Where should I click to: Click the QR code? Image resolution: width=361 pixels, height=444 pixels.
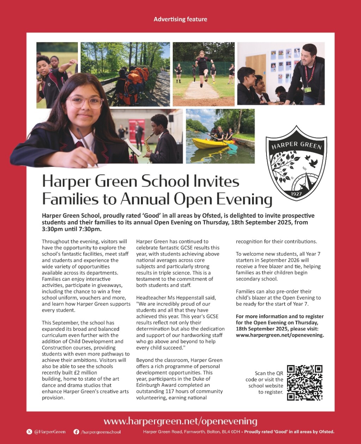(x=305, y=383)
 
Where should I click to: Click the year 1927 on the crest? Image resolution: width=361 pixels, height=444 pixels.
(x=296, y=193)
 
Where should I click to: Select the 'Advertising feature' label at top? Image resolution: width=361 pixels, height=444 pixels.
(x=180, y=19)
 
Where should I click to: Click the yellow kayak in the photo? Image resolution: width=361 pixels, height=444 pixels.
(x=208, y=143)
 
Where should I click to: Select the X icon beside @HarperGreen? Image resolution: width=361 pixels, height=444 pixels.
(x=29, y=432)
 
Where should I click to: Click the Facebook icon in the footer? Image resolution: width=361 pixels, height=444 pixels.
(x=76, y=432)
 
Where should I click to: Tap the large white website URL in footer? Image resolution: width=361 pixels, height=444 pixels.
(x=180, y=421)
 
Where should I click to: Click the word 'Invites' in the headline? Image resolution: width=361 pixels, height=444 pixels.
(x=216, y=181)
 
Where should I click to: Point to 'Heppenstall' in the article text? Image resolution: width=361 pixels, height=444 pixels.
(x=197, y=298)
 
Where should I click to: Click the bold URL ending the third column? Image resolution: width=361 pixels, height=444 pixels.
(x=280, y=335)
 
